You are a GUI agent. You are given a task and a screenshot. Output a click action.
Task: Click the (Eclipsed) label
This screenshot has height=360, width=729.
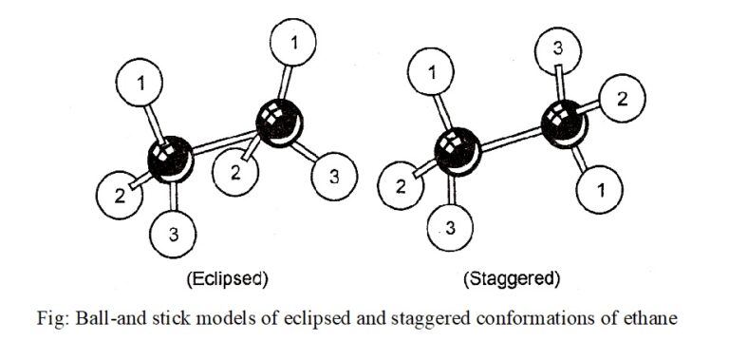[x=226, y=279]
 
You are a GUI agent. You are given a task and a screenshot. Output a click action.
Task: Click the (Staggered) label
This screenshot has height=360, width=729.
[x=511, y=279]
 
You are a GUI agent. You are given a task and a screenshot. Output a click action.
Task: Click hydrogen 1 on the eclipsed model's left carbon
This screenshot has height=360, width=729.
[x=142, y=85]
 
